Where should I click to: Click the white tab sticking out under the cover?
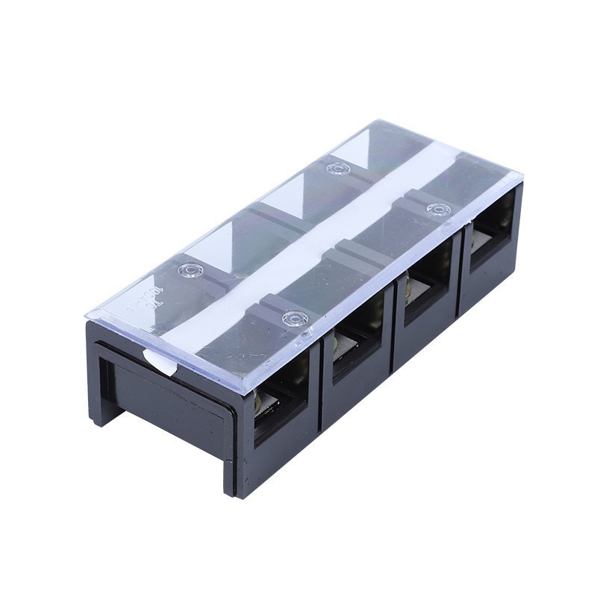[160, 362]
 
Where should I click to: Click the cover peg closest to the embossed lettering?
[190, 269]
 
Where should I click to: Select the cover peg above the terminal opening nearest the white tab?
[295, 319]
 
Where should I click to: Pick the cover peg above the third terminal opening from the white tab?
[437, 208]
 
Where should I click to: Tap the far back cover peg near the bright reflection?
[338, 169]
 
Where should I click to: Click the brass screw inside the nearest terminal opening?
[263, 403]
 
